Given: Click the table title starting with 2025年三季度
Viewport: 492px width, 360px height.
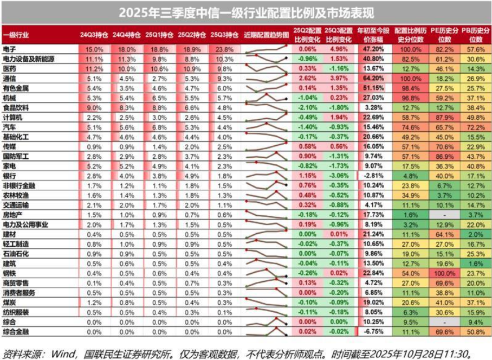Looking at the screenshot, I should click(246, 12).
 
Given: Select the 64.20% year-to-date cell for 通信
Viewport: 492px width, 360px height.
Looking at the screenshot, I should click(372, 78).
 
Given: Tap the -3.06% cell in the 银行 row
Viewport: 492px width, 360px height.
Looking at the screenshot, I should click(340, 176).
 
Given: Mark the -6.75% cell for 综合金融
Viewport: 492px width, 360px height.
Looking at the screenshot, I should click(373, 332).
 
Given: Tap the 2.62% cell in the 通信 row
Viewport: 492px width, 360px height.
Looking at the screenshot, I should click(307, 78).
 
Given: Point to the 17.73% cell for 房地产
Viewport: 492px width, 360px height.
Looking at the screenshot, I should click(372, 215).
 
